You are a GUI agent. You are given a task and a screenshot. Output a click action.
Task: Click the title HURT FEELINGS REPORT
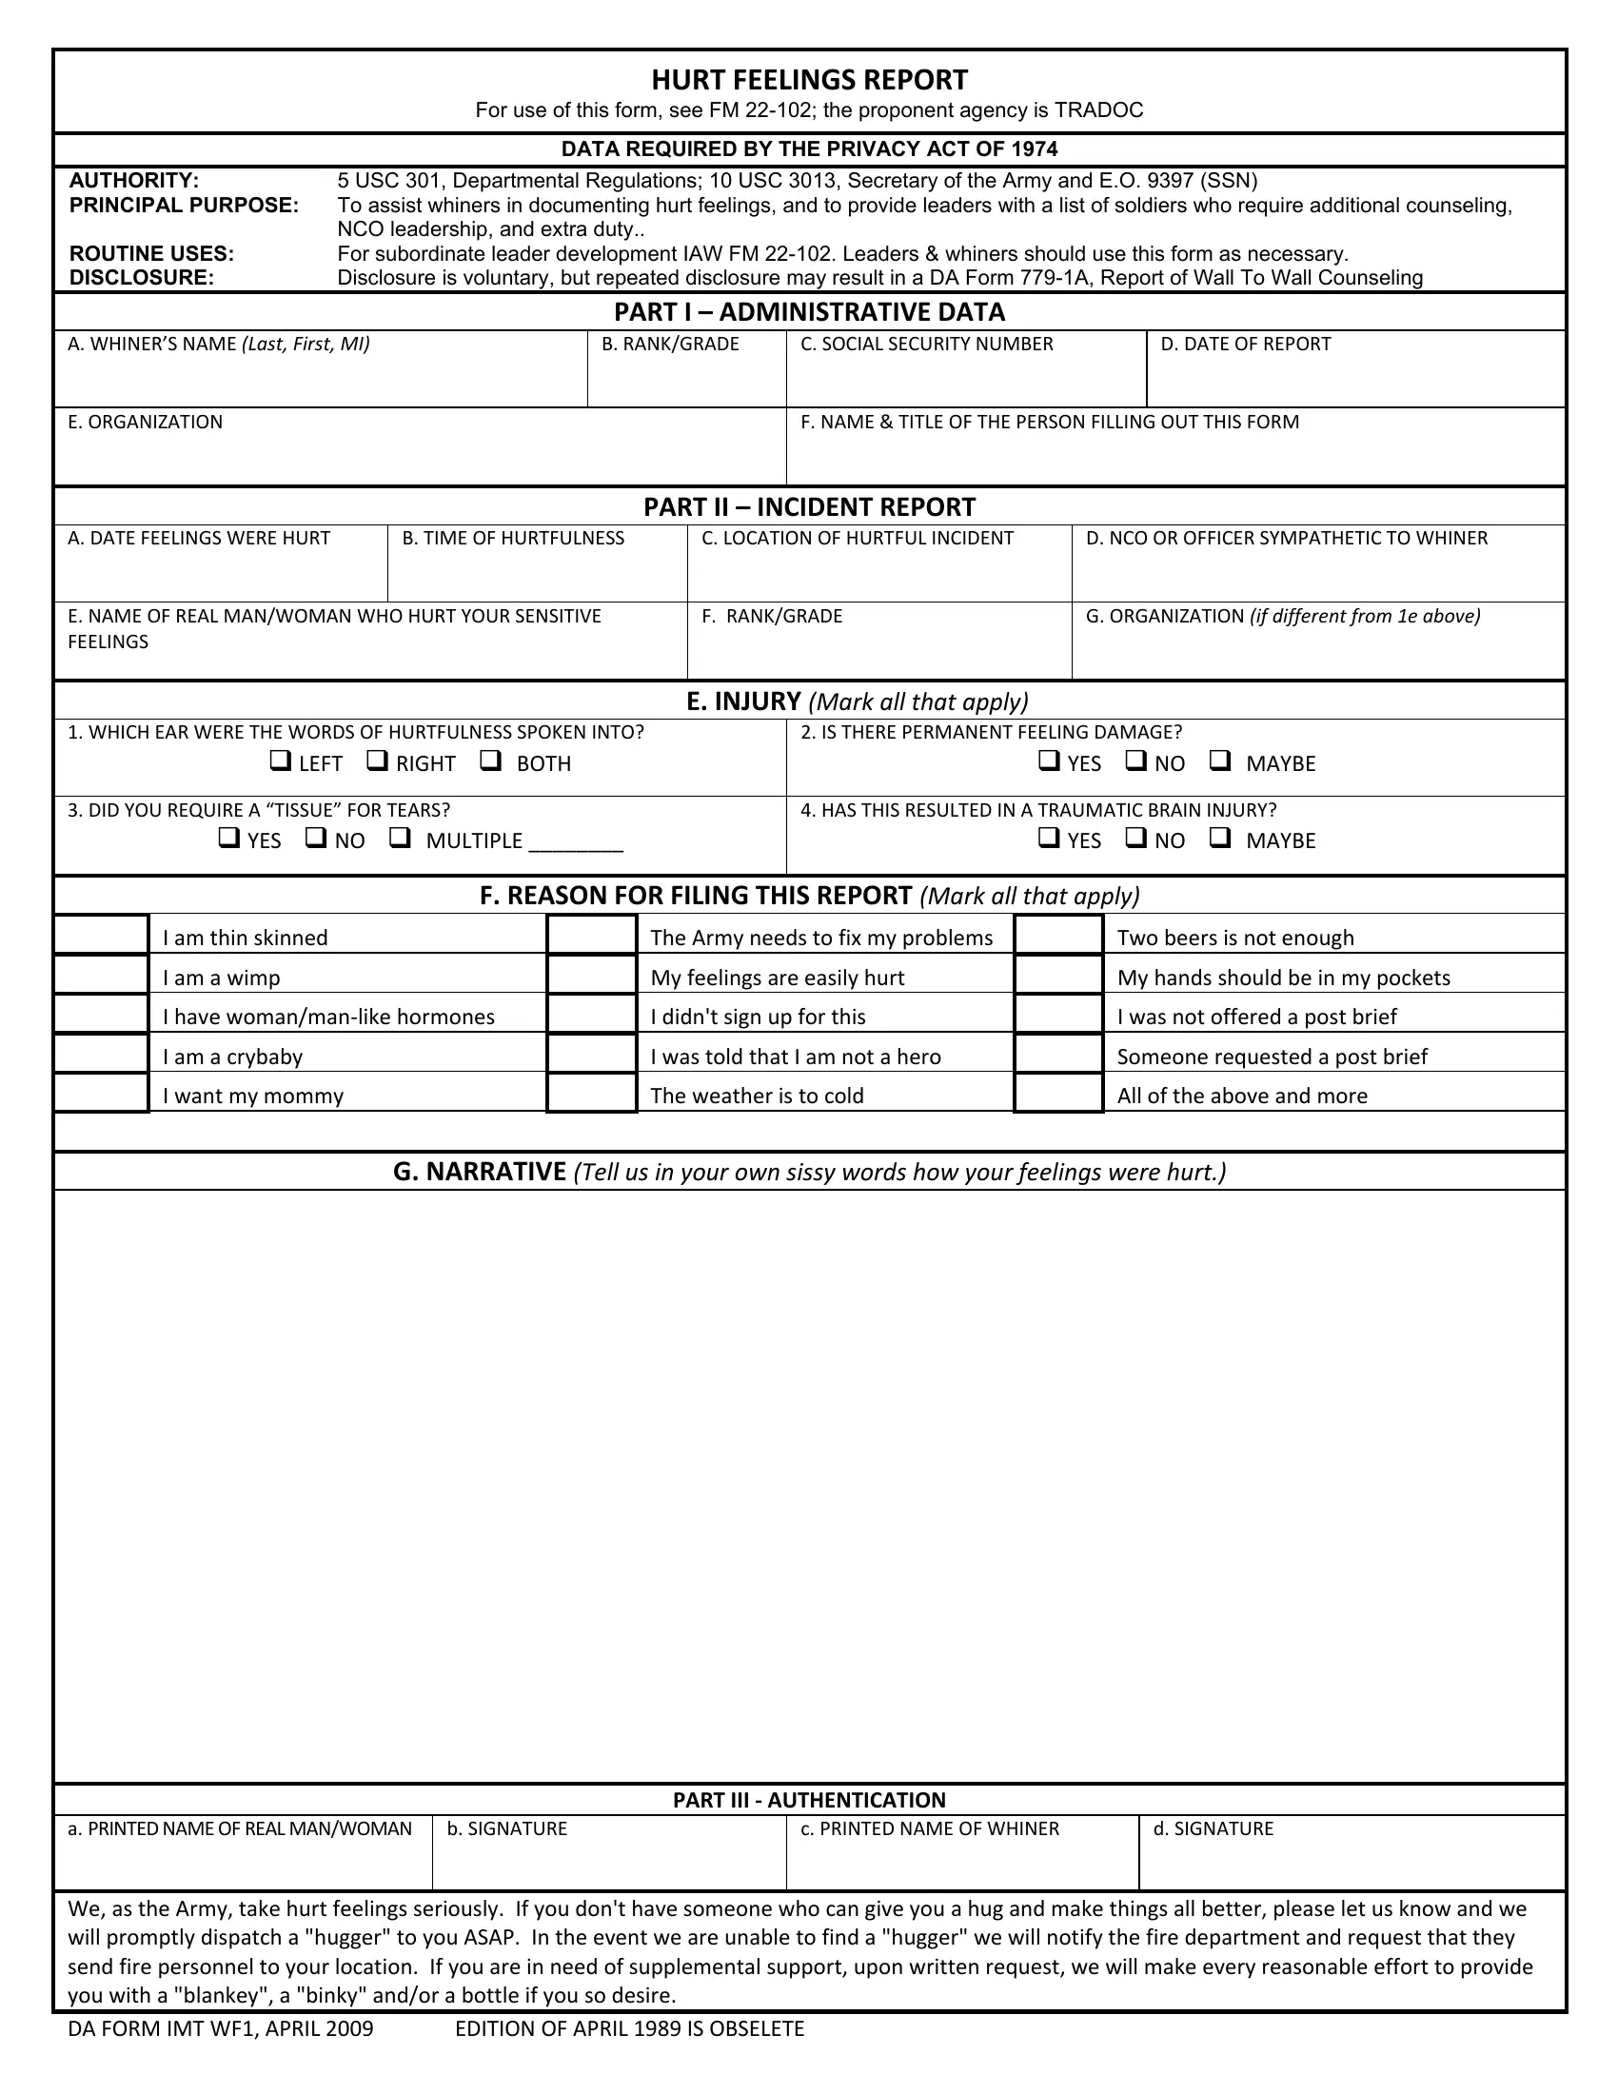pyautogui.click(x=809, y=80)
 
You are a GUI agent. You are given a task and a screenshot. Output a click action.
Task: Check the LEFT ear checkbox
pyautogui.click(x=280, y=761)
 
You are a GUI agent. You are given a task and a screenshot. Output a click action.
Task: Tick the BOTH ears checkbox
pyautogui.click(x=491, y=761)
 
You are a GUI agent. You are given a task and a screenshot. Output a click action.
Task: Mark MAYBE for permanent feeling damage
pyautogui.click(x=1219, y=761)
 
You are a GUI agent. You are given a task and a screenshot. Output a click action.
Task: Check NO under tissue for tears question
pyautogui.click(x=315, y=838)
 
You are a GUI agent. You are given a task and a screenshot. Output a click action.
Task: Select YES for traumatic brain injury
pyautogui.click(x=1049, y=838)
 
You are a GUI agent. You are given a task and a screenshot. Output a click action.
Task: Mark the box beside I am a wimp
pyautogui.click(x=101, y=975)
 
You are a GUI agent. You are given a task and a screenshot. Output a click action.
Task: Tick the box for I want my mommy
pyautogui.click(x=101, y=1093)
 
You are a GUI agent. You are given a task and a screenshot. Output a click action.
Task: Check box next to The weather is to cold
pyautogui.click(x=591, y=1093)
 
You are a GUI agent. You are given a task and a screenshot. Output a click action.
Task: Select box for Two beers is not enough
pyautogui.click(x=1058, y=935)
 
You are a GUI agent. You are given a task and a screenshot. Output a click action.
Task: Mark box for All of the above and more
pyautogui.click(x=1058, y=1093)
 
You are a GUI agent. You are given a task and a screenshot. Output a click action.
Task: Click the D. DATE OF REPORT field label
pyautogui.click(x=1245, y=345)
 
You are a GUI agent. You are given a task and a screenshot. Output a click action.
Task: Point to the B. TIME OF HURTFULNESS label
pyautogui.click(x=513, y=539)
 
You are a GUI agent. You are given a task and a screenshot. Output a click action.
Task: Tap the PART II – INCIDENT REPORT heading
pyautogui.click(x=809, y=507)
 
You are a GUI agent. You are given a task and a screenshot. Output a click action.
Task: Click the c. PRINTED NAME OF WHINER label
pyautogui.click(x=929, y=1828)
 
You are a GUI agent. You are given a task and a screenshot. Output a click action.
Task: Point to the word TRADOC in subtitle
pyautogui.click(x=1098, y=110)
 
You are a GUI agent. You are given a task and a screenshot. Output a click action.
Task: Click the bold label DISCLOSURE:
pyautogui.click(x=142, y=278)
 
